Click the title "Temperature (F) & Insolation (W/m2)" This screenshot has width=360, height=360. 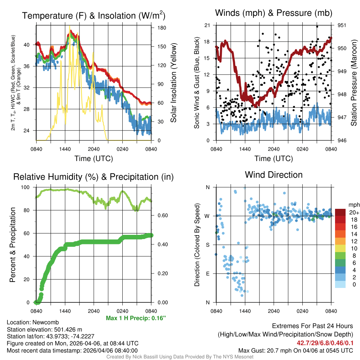pyautogui.click(x=94, y=15)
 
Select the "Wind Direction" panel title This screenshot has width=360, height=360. pyautogui.click(x=274, y=175)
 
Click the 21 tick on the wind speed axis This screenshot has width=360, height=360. pyautogui.click(x=207, y=25)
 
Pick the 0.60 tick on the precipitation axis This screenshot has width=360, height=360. pyautogui.click(x=159, y=216)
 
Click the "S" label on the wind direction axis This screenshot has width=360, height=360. pyautogui.click(x=207, y=245)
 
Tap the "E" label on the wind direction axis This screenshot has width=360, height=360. pyautogui.click(x=207, y=274)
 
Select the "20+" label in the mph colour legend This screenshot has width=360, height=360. pyautogui.click(x=353, y=212)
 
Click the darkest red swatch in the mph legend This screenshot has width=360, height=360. pyautogui.click(x=340, y=212)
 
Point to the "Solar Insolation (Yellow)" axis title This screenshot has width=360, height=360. pyautogui.click(x=173, y=83)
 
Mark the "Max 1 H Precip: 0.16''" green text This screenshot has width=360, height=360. pyautogui.click(x=136, y=318)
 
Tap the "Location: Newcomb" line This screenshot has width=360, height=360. pyautogui.click(x=33, y=322)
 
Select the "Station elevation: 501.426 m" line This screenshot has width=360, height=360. pyautogui.click(x=44, y=329)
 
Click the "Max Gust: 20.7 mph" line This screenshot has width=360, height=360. pyautogui.click(x=295, y=351)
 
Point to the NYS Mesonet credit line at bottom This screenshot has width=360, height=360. pyautogui.click(x=180, y=357)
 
